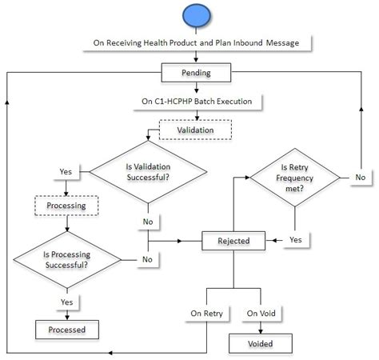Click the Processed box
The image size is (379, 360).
[67, 328]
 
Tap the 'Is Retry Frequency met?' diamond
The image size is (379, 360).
[297, 181]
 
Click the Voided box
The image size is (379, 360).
[260, 343]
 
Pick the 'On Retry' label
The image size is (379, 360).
[206, 313]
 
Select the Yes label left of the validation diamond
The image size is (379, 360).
[67, 171]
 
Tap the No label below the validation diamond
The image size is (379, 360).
[147, 222]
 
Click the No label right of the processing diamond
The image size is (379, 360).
[147, 258]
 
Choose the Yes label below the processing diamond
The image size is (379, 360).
[67, 302]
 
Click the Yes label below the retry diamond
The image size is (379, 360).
[295, 240]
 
